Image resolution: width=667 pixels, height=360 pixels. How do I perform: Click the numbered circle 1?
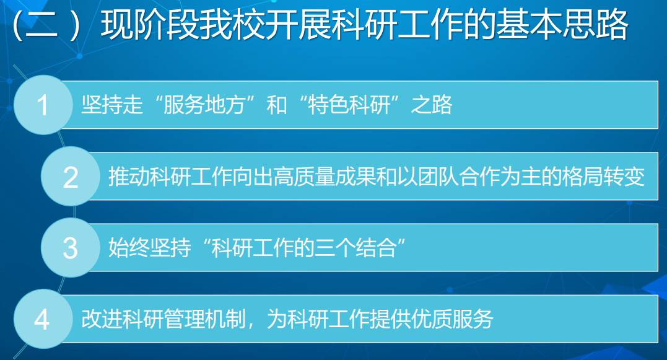(43, 105)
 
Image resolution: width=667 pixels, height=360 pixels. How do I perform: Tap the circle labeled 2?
(71, 176)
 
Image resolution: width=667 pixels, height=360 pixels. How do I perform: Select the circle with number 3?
(71, 248)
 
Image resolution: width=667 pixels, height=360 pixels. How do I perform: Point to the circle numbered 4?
(43, 319)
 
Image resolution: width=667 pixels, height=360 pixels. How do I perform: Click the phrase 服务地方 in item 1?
(204, 105)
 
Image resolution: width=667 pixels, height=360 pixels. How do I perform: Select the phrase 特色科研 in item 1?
(349, 105)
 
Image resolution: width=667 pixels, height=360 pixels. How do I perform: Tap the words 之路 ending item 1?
(431, 105)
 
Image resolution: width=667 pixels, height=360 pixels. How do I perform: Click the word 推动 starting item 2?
(129, 176)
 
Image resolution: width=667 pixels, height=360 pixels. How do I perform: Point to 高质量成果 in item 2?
(325, 176)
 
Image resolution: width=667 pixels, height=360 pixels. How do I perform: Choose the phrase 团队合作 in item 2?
(459, 176)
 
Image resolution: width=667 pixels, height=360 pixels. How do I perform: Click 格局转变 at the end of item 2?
(604, 176)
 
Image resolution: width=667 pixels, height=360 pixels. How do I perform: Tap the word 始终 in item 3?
(129, 248)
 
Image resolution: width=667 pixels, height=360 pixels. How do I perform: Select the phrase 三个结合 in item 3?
(356, 248)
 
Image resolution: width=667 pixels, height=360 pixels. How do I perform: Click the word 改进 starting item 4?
(102, 319)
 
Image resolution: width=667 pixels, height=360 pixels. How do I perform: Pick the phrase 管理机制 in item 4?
(204, 319)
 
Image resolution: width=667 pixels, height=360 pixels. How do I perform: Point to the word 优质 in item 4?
(431, 319)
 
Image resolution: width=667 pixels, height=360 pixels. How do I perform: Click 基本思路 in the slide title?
(562, 24)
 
